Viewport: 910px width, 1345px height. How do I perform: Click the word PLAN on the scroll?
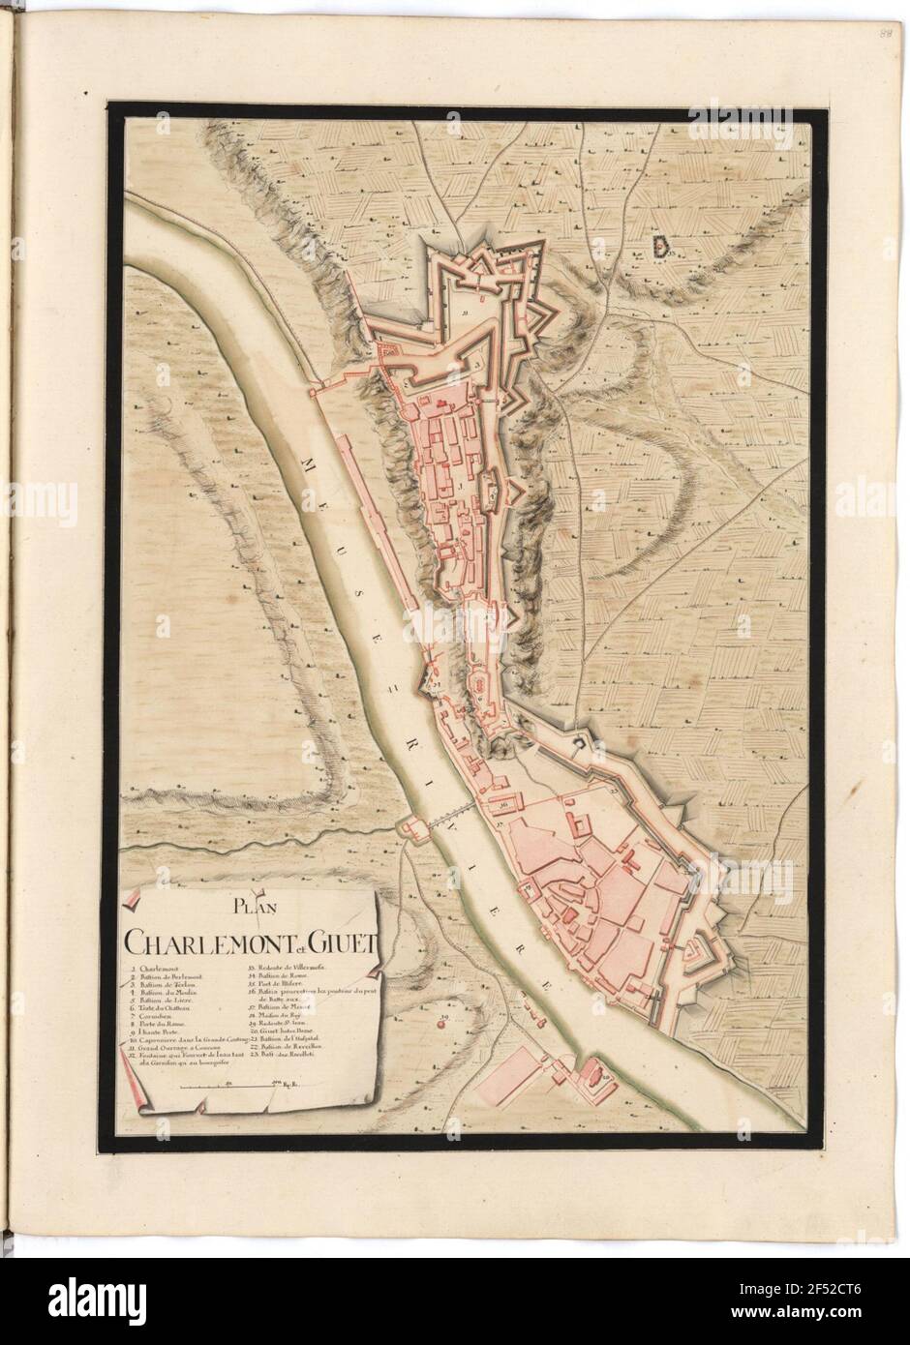(x=250, y=907)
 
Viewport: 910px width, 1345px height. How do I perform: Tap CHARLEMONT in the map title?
(x=194, y=941)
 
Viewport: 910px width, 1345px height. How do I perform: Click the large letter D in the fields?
(x=660, y=249)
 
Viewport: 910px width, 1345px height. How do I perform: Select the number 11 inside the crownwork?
(x=466, y=314)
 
